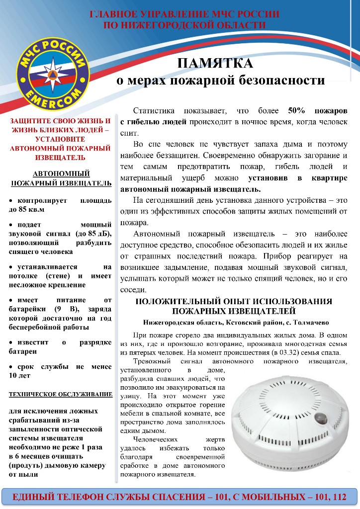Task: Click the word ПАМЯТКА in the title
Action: [x=215, y=64]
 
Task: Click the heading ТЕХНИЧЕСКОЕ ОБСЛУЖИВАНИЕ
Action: [x=61, y=395]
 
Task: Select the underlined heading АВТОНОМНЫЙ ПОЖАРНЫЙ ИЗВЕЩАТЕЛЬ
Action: [x=61, y=178]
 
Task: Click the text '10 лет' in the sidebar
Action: [x=20, y=375]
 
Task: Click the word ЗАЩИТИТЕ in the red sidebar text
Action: [x=29, y=121]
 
